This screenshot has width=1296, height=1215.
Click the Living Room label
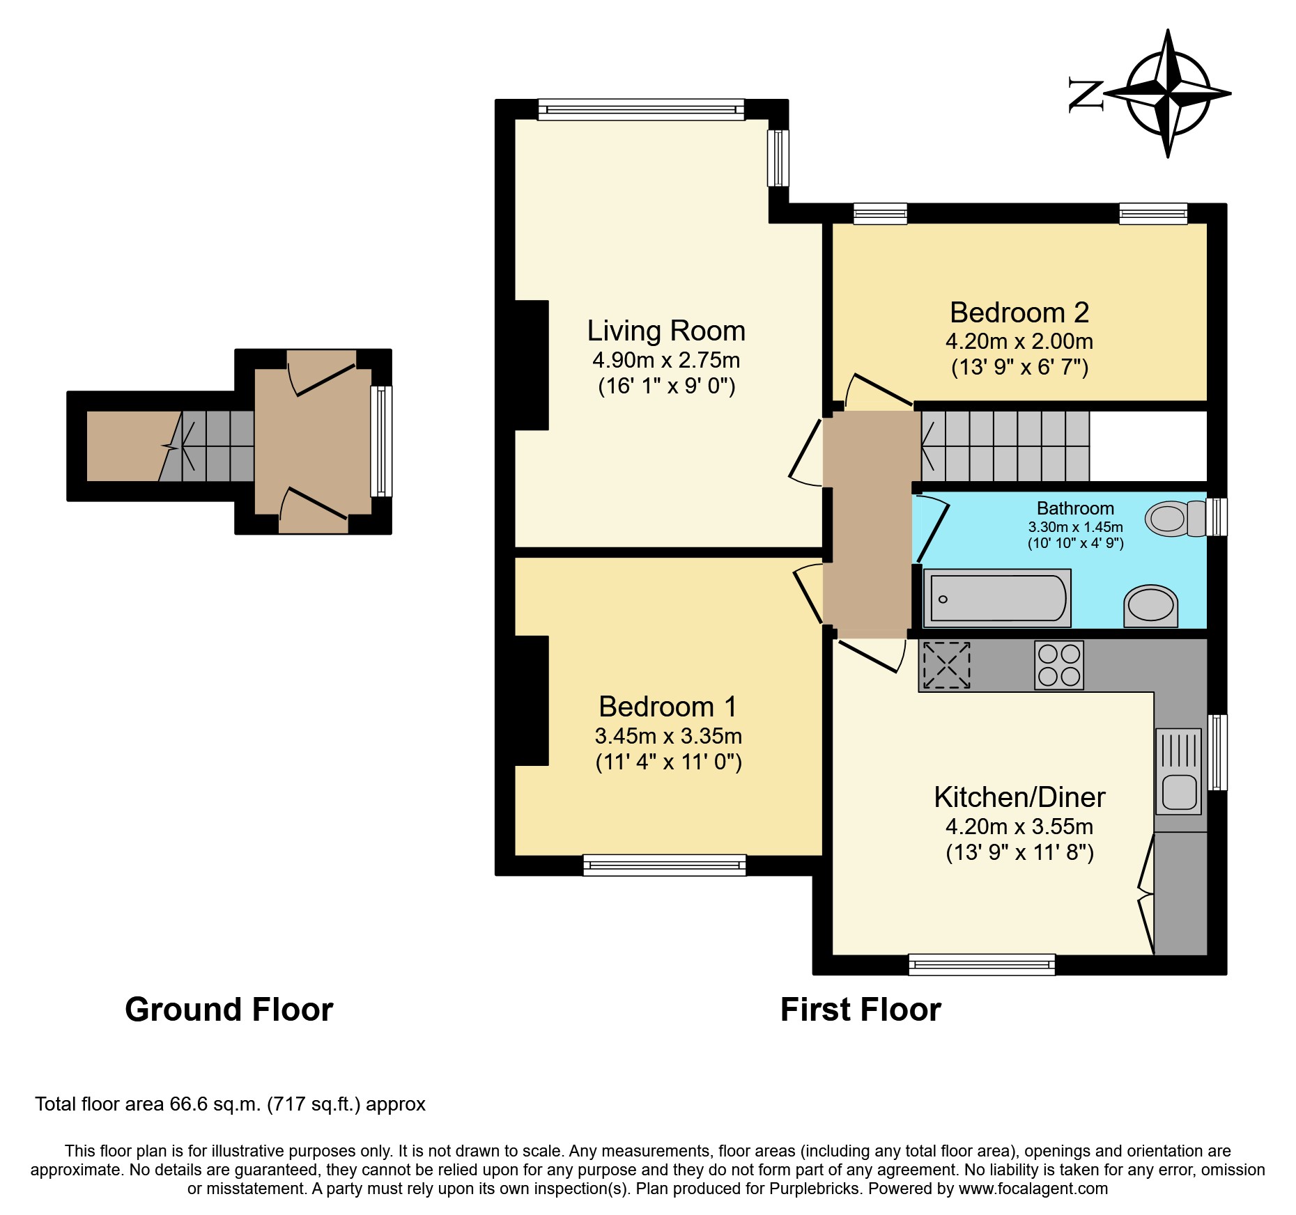coord(666,331)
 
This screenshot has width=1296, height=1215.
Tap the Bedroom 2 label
coord(1019,313)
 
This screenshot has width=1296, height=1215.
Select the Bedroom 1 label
coord(668,707)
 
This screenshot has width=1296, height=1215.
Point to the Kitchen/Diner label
coord(1019,797)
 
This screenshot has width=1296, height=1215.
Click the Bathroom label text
coord(1075,508)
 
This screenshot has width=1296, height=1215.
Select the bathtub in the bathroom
coord(997,598)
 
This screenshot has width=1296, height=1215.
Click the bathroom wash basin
coord(1150,606)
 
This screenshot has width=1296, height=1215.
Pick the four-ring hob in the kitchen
coord(1059,665)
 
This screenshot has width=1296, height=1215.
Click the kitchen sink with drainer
coord(1179,771)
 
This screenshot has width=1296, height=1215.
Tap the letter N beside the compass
coord(1086,95)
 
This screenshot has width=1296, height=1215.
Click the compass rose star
coord(1168,93)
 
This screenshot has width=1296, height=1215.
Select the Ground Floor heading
coord(229,1010)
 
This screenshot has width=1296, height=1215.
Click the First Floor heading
coord(861,1010)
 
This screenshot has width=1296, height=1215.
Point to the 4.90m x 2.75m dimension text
coord(666,360)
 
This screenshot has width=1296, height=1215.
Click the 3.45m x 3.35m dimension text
coord(668,736)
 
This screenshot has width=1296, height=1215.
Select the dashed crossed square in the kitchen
coord(947,665)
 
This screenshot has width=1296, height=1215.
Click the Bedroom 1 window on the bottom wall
coord(665,865)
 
